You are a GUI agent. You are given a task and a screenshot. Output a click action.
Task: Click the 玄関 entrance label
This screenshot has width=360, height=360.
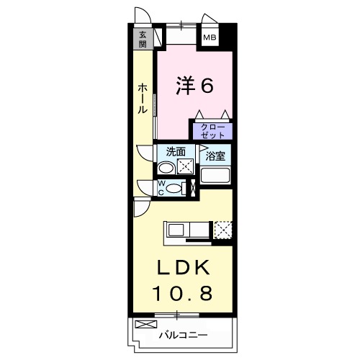click(143, 38)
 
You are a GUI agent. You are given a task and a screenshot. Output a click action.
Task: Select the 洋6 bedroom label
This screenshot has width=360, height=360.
click(194, 86)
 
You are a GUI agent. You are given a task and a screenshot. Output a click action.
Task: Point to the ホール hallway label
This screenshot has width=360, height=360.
click(143, 97)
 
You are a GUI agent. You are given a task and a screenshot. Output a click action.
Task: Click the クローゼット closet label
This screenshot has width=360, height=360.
click(211, 130)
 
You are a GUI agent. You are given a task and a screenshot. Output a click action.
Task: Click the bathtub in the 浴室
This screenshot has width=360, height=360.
click(216, 174)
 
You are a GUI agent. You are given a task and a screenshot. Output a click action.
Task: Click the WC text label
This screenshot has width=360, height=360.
click(161, 188)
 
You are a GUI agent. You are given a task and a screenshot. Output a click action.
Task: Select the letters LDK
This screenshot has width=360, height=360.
click(183, 268)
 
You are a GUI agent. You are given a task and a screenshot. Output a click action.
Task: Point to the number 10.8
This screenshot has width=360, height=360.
click(183, 294)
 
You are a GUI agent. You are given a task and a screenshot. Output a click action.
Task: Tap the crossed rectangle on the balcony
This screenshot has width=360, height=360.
click(145, 324)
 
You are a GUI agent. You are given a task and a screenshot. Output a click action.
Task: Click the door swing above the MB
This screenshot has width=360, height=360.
click(209, 19)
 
